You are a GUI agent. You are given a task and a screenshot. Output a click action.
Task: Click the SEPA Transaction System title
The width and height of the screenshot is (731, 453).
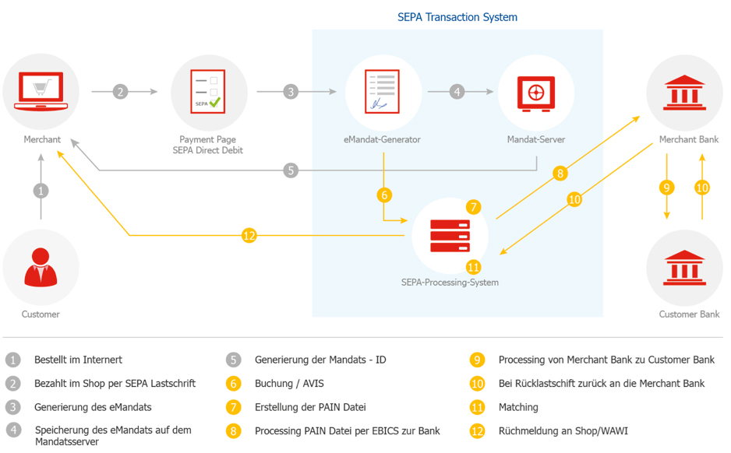[x=457, y=17]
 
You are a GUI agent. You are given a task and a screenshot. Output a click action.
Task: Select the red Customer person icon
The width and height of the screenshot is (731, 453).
[x=41, y=267]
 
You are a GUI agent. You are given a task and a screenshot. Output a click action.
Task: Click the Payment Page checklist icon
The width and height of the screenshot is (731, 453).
[x=209, y=92]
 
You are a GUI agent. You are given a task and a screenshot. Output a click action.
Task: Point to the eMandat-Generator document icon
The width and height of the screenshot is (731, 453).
[x=383, y=92]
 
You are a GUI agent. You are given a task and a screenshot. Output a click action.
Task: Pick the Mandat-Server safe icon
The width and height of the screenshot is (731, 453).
[x=535, y=92]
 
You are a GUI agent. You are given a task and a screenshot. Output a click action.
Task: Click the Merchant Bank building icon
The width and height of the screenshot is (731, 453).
[x=683, y=92]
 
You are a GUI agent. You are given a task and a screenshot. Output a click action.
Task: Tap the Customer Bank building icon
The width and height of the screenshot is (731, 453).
[x=683, y=267]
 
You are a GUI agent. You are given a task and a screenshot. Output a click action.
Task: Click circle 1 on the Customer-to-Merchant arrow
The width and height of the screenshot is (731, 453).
[x=41, y=190]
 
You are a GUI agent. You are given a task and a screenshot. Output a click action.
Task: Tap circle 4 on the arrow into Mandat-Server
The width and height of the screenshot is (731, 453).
[x=457, y=92]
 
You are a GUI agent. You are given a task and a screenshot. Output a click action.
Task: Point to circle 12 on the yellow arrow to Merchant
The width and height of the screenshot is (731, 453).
[x=249, y=235]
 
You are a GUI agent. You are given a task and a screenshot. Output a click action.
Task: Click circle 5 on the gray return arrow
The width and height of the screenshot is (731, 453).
[x=291, y=170]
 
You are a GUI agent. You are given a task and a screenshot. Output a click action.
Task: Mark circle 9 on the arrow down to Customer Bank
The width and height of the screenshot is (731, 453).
[x=666, y=188]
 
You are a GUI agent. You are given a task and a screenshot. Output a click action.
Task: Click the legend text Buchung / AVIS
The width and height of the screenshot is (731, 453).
[x=288, y=384]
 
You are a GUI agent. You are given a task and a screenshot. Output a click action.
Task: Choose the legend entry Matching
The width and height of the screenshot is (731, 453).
[x=518, y=407]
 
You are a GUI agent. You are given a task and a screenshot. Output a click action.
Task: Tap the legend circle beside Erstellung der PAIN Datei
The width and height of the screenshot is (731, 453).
[x=233, y=407]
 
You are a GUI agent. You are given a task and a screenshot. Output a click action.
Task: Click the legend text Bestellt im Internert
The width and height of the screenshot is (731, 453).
[x=78, y=360]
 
